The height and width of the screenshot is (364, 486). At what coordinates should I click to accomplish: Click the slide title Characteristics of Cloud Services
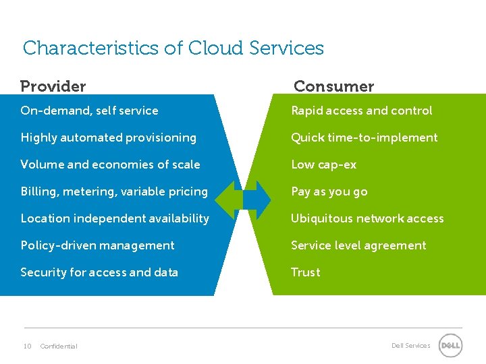tap(173, 49)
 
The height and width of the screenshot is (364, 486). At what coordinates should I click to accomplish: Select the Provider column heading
tap(53, 86)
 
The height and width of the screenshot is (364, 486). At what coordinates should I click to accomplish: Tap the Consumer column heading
tap(333, 86)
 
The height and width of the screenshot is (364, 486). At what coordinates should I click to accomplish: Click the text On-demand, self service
tap(89, 111)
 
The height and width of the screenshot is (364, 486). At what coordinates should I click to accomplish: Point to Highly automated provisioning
tap(108, 138)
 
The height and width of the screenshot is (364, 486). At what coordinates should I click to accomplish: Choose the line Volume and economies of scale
tap(110, 164)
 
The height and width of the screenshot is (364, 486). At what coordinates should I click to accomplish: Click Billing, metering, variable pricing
tap(114, 191)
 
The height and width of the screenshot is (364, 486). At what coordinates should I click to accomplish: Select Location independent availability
tap(115, 218)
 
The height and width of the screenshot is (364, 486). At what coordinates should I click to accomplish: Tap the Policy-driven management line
tap(97, 245)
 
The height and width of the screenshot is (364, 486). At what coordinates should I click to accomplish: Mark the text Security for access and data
tap(99, 272)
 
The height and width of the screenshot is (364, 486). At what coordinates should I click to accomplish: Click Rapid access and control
tap(361, 111)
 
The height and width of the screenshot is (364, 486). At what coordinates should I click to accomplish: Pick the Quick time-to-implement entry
tap(364, 138)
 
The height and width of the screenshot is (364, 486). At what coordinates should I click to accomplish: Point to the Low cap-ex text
tap(323, 164)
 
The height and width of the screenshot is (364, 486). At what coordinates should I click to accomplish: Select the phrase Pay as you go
tap(329, 191)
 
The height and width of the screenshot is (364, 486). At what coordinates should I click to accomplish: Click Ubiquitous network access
tap(367, 218)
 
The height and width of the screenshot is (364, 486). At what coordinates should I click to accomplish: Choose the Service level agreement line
tap(358, 245)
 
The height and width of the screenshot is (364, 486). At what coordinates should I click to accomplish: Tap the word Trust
tap(305, 272)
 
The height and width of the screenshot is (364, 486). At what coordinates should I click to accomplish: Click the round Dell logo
tap(450, 346)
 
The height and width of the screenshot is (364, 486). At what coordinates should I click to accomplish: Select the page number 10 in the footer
tap(27, 346)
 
